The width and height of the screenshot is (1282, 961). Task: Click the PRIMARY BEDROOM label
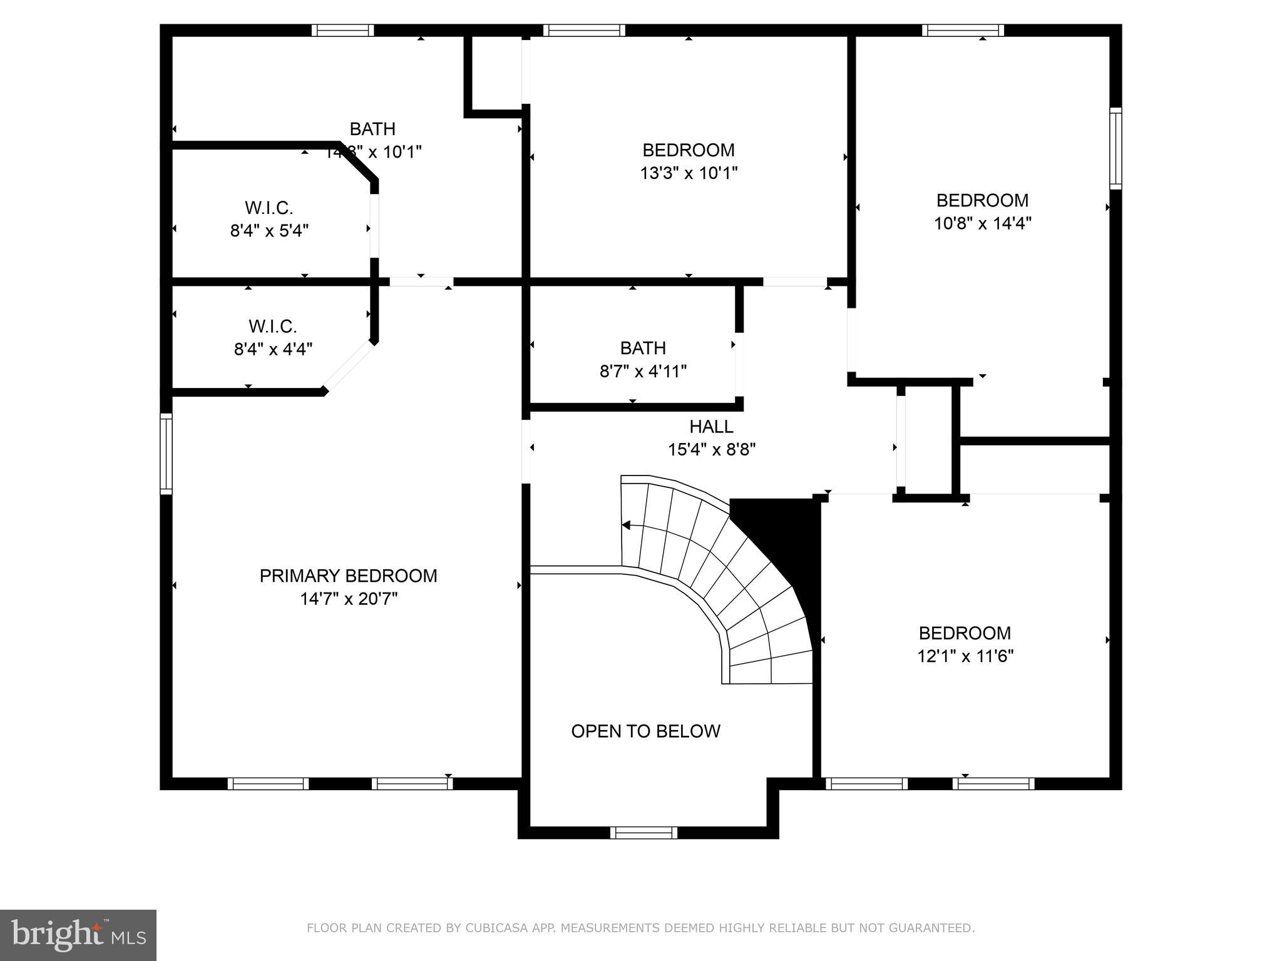pos(348,576)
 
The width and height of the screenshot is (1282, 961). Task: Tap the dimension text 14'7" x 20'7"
pos(348,599)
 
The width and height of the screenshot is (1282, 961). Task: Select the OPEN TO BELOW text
pos(645,731)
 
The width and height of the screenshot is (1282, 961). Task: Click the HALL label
pos(711,427)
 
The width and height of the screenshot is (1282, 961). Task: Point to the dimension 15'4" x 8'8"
pos(711,449)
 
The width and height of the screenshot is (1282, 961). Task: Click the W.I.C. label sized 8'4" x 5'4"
pos(269,208)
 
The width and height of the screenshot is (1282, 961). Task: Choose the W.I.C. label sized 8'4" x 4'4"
pos(272,326)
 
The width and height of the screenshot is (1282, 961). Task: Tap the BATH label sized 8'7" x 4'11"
pos(643,348)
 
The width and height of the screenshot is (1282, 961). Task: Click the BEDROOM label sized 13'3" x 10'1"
pos(688,150)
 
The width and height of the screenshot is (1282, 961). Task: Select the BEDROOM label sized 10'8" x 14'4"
pos(982,200)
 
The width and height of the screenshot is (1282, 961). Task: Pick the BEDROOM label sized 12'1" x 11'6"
pos(964,633)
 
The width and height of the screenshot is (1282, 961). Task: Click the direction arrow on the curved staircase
pos(626,525)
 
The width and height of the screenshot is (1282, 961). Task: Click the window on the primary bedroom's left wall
pos(166,453)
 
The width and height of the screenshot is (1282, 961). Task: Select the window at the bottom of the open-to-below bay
pos(644,832)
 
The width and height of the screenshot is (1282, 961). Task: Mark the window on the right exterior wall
pos(1115,148)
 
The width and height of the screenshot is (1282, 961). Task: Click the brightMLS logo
pos(78,935)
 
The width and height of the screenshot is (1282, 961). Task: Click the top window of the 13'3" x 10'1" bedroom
pos(583,30)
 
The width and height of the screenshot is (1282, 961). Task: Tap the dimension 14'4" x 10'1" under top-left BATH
pos(374,152)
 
